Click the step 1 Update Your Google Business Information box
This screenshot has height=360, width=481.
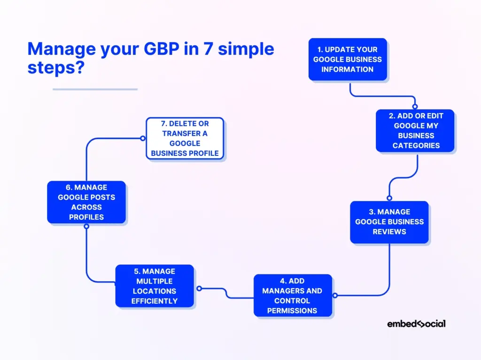coord(348,59)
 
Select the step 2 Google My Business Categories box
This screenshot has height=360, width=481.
coord(415,130)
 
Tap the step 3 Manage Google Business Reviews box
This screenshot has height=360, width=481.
coord(389,222)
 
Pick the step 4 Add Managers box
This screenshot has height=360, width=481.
coord(293,295)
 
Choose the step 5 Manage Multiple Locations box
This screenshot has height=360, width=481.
coord(155,286)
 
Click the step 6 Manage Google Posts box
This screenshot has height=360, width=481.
coord(86,202)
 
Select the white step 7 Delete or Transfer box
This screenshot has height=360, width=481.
coord(185,138)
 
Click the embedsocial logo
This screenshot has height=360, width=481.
coord(416,324)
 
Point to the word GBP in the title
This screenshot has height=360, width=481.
coord(162,49)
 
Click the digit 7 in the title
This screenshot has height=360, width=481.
coord(208,49)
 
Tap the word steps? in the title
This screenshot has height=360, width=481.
coord(56,68)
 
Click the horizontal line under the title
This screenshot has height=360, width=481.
coord(95,89)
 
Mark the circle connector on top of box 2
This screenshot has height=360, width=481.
coord(415,107)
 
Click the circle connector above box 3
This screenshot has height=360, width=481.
coord(389,198)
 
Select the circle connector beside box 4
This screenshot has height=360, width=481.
coord(335,295)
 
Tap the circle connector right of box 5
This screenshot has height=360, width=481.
coord(199,289)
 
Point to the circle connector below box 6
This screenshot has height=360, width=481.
coord(86,226)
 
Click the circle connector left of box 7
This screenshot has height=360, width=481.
coord(143,138)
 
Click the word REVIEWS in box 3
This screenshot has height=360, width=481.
coord(389,232)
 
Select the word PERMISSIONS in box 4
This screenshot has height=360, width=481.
coord(292,311)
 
